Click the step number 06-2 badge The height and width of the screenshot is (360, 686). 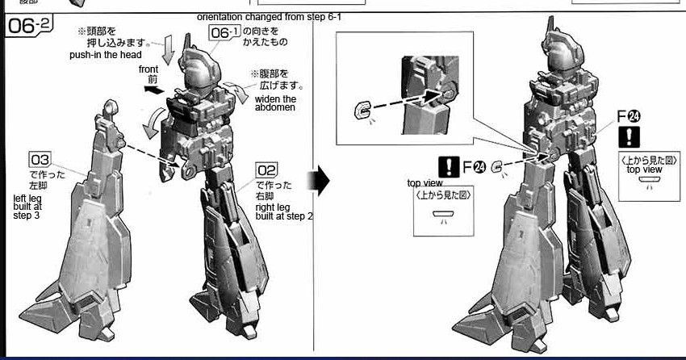coord(31,27)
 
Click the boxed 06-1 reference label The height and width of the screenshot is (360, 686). coord(224,32)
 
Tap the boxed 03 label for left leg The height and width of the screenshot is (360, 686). coord(40,159)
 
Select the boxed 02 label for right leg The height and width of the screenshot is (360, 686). coord(266,170)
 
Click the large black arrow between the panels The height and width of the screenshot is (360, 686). coord(322,182)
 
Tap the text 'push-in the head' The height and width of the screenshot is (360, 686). coord(106,55)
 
